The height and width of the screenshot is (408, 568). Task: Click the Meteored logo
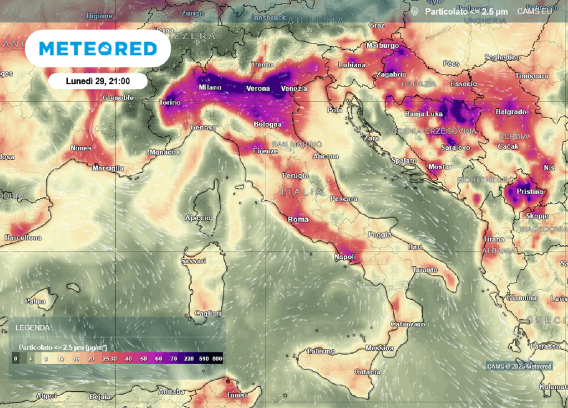click(x=98, y=49)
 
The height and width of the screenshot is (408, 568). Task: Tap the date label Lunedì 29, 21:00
click(x=98, y=81)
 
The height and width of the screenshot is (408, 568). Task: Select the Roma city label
click(x=298, y=219)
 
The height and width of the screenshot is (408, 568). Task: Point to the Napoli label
click(x=344, y=257)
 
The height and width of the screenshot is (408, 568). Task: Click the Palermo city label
click(x=321, y=351)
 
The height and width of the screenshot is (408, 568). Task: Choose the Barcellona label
click(x=23, y=238)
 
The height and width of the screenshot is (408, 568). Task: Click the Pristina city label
click(x=530, y=192)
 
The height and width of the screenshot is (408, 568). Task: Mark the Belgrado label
click(x=510, y=112)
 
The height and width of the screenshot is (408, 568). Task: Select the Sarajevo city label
click(x=455, y=148)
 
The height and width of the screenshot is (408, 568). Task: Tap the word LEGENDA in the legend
click(x=32, y=328)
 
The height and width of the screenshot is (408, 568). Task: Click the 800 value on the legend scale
click(x=217, y=359)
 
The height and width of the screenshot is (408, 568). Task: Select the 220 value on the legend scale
click(x=189, y=359)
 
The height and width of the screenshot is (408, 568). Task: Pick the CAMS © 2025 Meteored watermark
click(x=519, y=366)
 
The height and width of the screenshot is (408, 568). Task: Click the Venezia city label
click(x=294, y=89)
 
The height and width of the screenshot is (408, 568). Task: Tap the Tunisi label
click(x=237, y=395)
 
